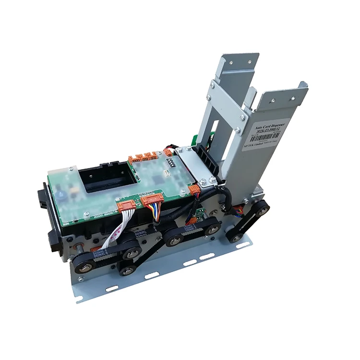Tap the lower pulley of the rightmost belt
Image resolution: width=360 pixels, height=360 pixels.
[234, 237]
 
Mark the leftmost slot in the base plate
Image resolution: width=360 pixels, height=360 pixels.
[112, 288]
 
